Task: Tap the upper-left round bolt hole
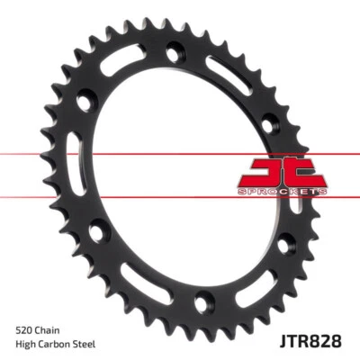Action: [86, 103]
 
